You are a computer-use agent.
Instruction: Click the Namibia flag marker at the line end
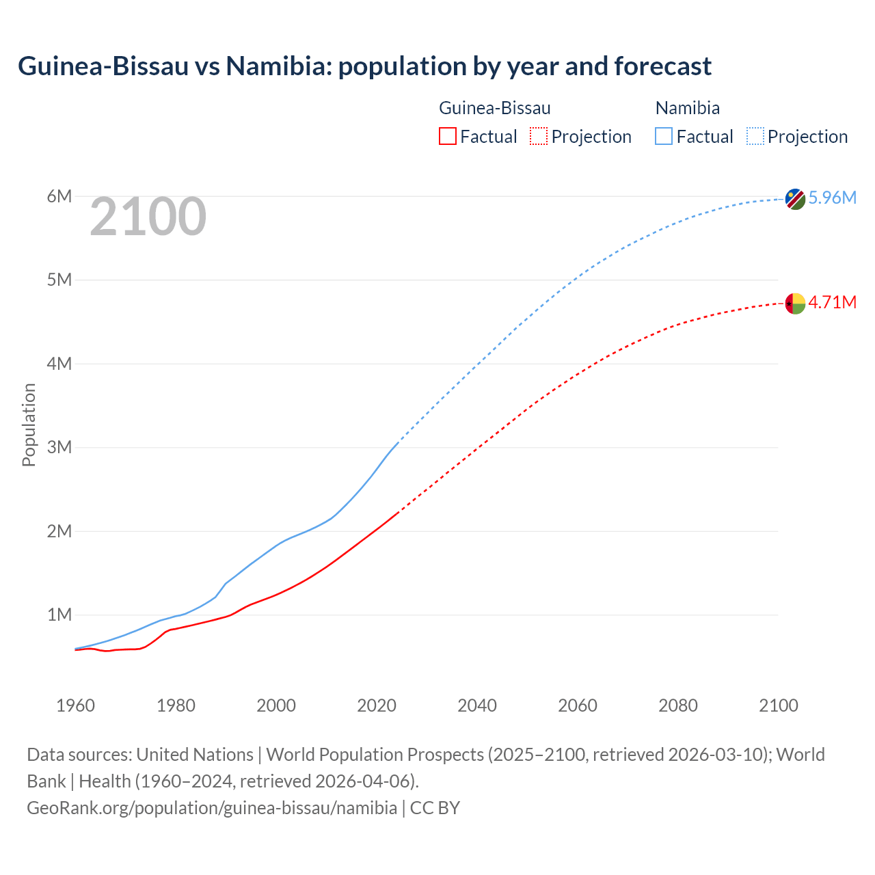click(795, 199)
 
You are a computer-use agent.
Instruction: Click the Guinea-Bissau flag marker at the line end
click(795, 303)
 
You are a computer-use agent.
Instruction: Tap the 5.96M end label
click(832, 198)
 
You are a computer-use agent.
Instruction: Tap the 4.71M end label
click(832, 302)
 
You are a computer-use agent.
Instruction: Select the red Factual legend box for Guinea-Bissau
click(448, 137)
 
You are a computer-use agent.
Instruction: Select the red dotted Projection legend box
click(539, 137)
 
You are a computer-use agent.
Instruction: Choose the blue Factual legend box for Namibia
click(664, 137)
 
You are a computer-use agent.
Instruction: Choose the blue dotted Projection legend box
click(755, 137)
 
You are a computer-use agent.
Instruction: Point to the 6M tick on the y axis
click(59, 197)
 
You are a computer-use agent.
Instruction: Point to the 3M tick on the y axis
click(59, 448)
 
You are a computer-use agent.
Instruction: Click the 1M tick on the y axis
click(59, 615)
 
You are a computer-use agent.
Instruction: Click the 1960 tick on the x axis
click(75, 705)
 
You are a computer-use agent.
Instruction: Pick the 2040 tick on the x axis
click(477, 705)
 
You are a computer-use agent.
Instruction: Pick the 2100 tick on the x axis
click(779, 705)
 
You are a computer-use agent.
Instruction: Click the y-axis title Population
click(29, 425)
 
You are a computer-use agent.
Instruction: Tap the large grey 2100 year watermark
click(148, 217)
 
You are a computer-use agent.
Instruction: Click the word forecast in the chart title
click(662, 66)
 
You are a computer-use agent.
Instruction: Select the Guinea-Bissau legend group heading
click(494, 108)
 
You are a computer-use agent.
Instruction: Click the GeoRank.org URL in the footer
click(212, 808)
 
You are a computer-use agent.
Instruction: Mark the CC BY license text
click(435, 808)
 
